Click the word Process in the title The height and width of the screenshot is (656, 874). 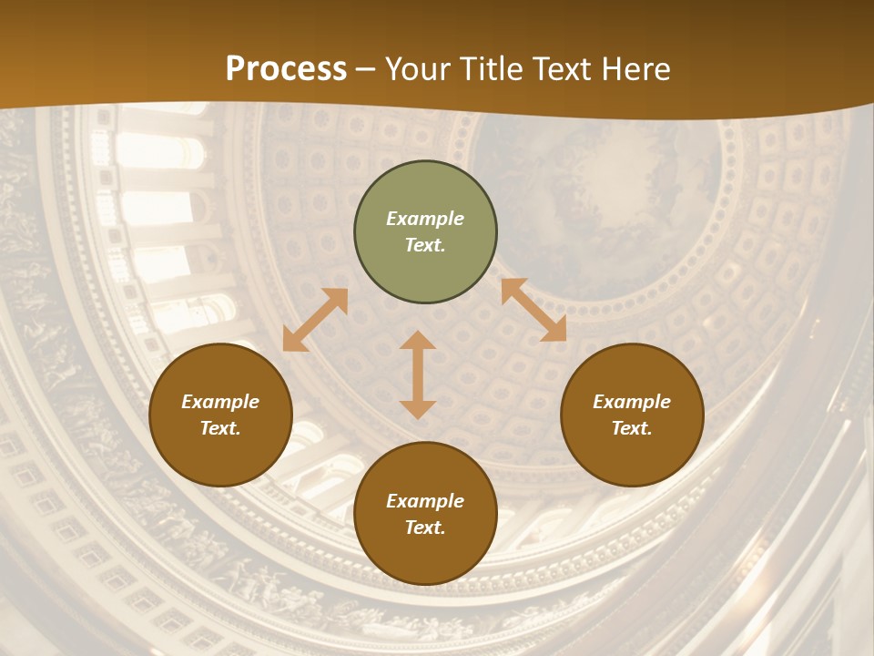(x=286, y=69)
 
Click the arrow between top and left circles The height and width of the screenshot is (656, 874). (x=315, y=320)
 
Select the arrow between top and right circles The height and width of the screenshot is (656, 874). (x=534, y=310)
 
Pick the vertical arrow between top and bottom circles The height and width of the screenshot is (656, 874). (x=418, y=374)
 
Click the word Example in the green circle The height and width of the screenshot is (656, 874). (x=425, y=219)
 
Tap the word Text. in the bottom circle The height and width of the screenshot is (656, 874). (x=425, y=528)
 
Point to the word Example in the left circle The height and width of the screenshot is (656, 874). (x=220, y=402)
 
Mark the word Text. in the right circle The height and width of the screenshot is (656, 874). (x=632, y=428)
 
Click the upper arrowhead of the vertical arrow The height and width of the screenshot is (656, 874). (x=418, y=341)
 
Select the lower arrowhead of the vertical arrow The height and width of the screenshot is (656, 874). (x=418, y=409)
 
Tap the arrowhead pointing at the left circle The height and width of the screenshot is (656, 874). (x=293, y=341)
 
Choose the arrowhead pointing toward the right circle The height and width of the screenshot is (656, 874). (x=554, y=331)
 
